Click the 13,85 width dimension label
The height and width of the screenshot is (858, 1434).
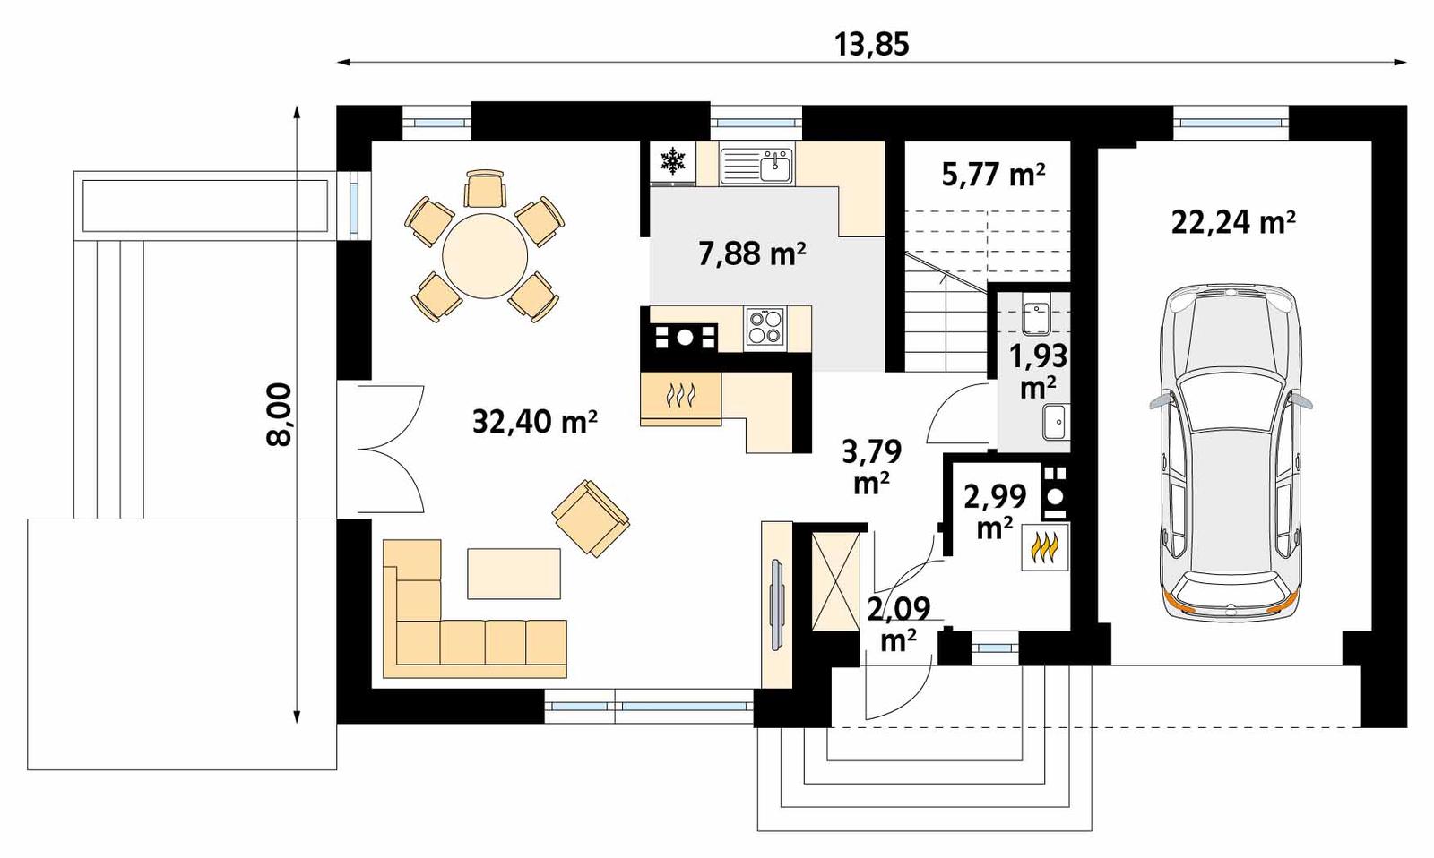[x=871, y=43]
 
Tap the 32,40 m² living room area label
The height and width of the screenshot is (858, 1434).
[x=534, y=421]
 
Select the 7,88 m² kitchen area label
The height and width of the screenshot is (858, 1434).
[x=751, y=253]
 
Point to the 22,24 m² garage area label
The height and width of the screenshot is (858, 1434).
[x=1232, y=221]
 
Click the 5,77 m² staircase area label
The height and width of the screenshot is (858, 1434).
[x=993, y=174]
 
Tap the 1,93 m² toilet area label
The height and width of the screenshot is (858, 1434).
[x=1038, y=370]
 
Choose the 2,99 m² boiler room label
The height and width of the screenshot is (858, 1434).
[x=994, y=511]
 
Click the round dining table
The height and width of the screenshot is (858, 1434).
[x=486, y=255]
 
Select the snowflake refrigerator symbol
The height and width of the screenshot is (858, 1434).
[x=672, y=161]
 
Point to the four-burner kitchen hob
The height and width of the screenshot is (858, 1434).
[x=765, y=327]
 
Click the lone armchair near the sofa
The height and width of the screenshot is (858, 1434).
[x=591, y=518]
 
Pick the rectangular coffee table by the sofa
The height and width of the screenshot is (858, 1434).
[x=514, y=573]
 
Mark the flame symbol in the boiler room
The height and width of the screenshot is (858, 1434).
[x=1045, y=547]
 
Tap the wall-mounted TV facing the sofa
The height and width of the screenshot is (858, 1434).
[x=775, y=605]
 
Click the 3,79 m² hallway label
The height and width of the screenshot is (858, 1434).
[x=870, y=466]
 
